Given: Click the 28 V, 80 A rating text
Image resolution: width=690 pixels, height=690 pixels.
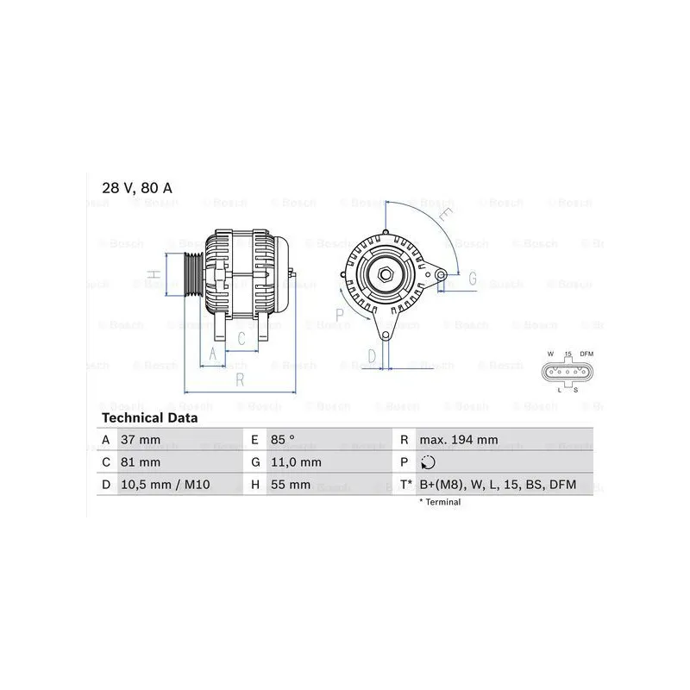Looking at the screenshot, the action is pyautogui.click(x=137, y=188).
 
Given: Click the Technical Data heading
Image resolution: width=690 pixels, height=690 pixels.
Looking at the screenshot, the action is pyautogui.click(x=149, y=417).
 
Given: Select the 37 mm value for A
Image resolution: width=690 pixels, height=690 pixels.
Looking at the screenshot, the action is pyautogui.click(x=141, y=440).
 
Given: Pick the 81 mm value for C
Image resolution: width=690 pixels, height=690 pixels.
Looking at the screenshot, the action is pyautogui.click(x=141, y=462).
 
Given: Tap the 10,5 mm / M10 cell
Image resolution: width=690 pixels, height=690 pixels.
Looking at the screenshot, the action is pyautogui.click(x=165, y=485).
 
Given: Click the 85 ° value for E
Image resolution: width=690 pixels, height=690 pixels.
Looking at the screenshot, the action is pyautogui.click(x=283, y=440).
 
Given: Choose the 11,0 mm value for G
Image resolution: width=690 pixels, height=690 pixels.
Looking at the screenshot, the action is pyautogui.click(x=296, y=462).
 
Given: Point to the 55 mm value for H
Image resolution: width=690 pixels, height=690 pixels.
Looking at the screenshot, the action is pyautogui.click(x=291, y=485).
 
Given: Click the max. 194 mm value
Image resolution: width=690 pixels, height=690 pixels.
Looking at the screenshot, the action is pyautogui.click(x=459, y=440).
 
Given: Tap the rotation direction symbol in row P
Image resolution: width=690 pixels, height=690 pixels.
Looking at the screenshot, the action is pyautogui.click(x=428, y=462).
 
